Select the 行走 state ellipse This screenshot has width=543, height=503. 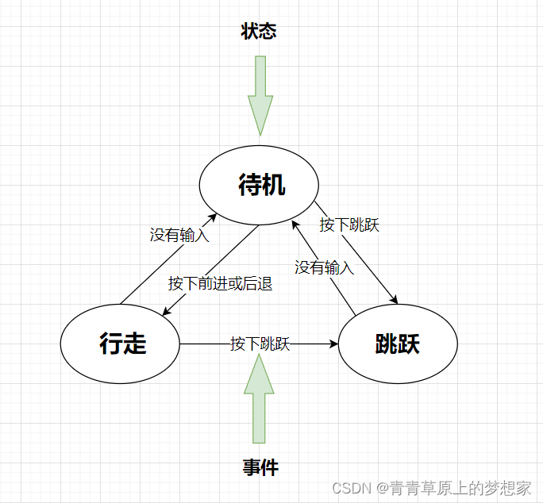(x=120, y=344)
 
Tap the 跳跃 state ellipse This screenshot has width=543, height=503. (x=398, y=344)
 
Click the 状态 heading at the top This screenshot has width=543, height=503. (x=259, y=32)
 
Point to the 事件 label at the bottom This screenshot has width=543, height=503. (x=260, y=467)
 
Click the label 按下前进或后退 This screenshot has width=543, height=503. (x=220, y=283)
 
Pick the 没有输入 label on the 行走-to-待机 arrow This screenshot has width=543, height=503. (x=179, y=235)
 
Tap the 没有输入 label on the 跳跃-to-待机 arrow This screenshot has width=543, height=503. (x=324, y=267)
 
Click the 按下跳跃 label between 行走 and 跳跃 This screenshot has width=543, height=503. (x=260, y=344)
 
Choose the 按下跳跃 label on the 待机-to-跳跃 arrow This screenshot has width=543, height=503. (x=349, y=225)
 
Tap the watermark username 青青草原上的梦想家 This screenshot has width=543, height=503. (x=461, y=487)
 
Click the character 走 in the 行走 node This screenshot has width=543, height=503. (x=134, y=344)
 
